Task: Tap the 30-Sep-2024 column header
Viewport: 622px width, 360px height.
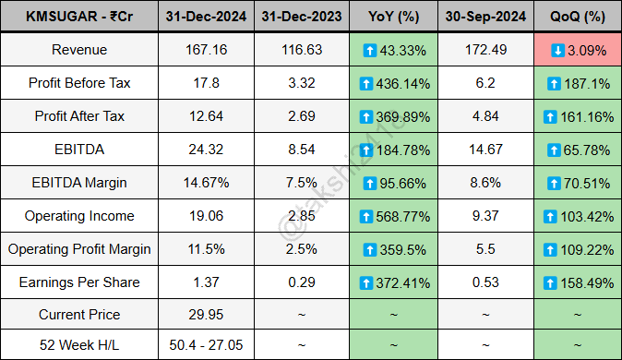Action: tap(481, 17)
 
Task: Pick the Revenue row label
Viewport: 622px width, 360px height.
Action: tap(78, 50)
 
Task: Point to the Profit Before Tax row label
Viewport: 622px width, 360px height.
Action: tap(78, 83)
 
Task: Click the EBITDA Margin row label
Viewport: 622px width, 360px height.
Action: tap(78, 183)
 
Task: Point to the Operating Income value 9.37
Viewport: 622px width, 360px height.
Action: tap(481, 216)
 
